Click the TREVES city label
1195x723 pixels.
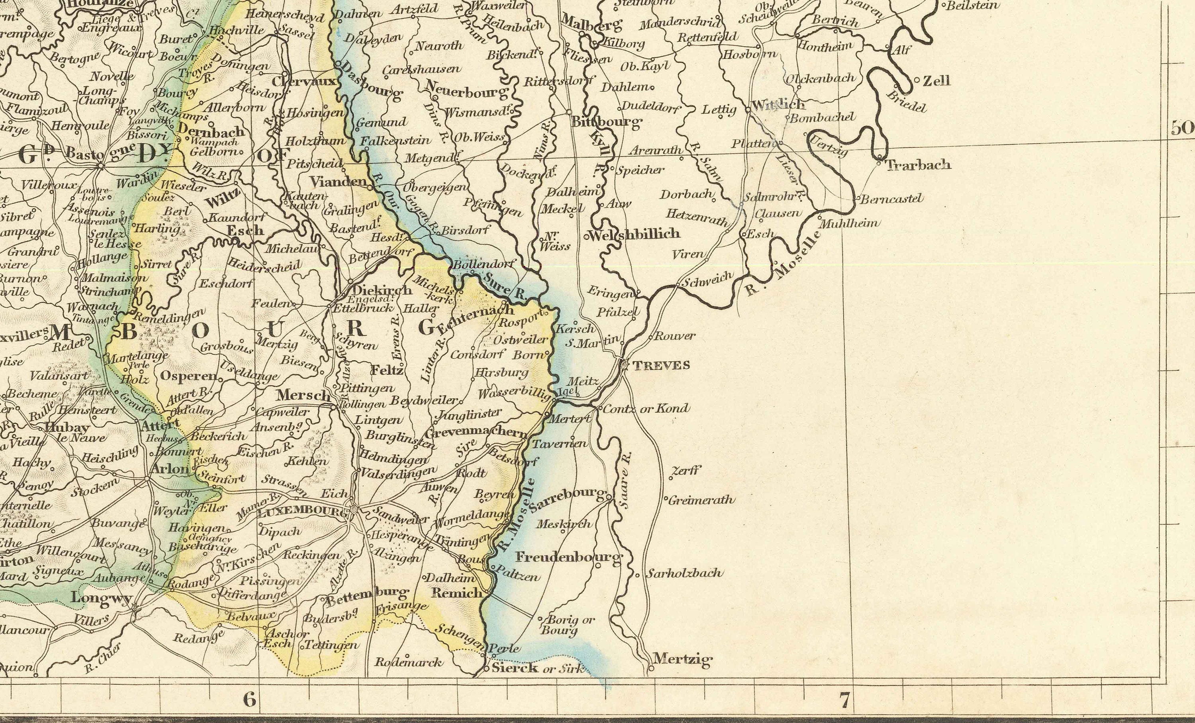pyautogui.click(x=661, y=365)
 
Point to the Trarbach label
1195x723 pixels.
pyautogui.click(x=918, y=165)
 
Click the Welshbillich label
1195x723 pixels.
pyautogui.click(x=635, y=234)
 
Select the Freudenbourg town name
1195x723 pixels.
pyautogui.click(x=568, y=557)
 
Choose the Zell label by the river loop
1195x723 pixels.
pyautogui.click(x=936, y=80)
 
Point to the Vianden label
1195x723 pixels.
pyautogui.click(x=338, y=182)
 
